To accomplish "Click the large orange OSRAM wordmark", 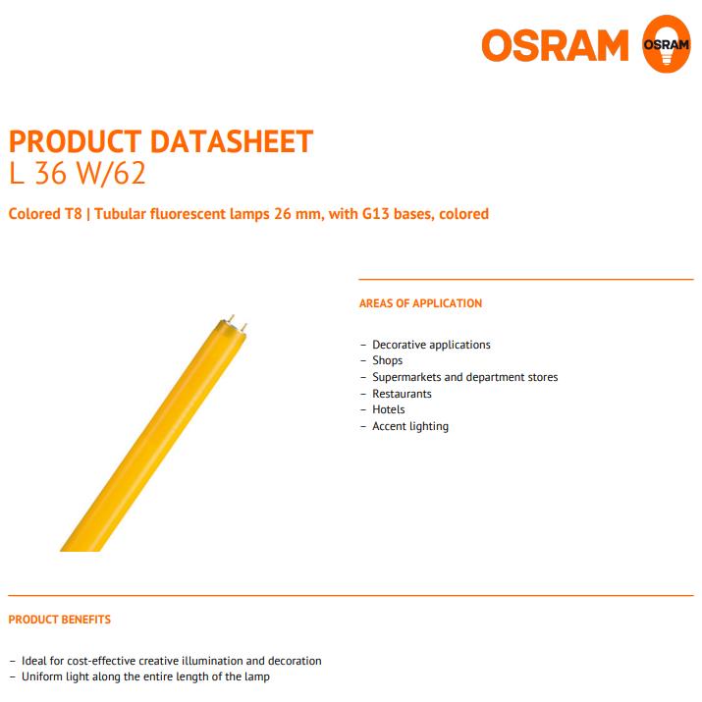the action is (555, 45).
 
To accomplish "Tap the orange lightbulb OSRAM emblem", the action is (667, 44).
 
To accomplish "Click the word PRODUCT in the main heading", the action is (76, 141).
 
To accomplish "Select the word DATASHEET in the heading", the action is (232, 141).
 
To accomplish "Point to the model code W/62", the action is (111, 173).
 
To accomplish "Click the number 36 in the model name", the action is (51, 173).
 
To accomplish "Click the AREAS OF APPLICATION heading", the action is (420, 303).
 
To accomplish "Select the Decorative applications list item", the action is (431, 345).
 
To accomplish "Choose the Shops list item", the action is (387, 361).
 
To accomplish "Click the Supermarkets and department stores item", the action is (464, 377).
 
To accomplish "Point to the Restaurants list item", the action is (402, 394).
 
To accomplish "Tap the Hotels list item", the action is (388, 409).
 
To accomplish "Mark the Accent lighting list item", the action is (410, 427).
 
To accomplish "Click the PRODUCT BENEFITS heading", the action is (60, 620).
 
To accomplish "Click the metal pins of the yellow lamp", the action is (238, 323).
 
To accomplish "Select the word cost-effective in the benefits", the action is (101, 661).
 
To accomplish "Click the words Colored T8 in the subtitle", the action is (45, 214).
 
